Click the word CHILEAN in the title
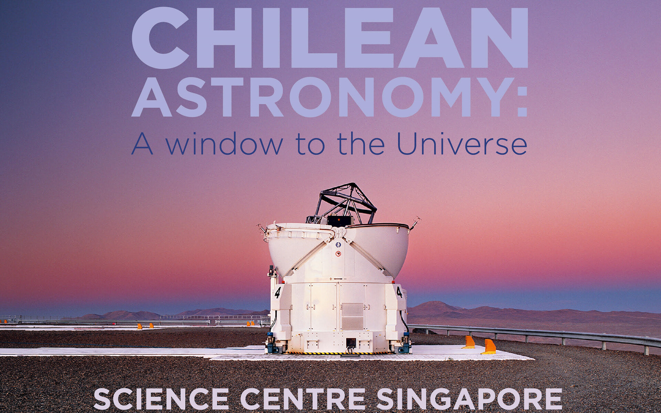click(330, 38)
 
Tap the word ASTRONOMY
click(321, 97)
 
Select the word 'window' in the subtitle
click(224, 144)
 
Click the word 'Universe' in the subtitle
click(462, 144)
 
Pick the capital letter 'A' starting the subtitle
click(142, 144)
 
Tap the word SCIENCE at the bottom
click(161, 399)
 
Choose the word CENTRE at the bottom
click(303, 399)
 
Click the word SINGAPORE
click(469, 399)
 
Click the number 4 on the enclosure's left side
click(277, 293)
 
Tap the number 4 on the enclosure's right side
click(399, 292)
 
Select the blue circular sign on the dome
click(338, 245)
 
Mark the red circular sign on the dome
click(338, 254)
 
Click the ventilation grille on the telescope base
click(352, 316)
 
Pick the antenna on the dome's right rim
click(416, 222)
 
